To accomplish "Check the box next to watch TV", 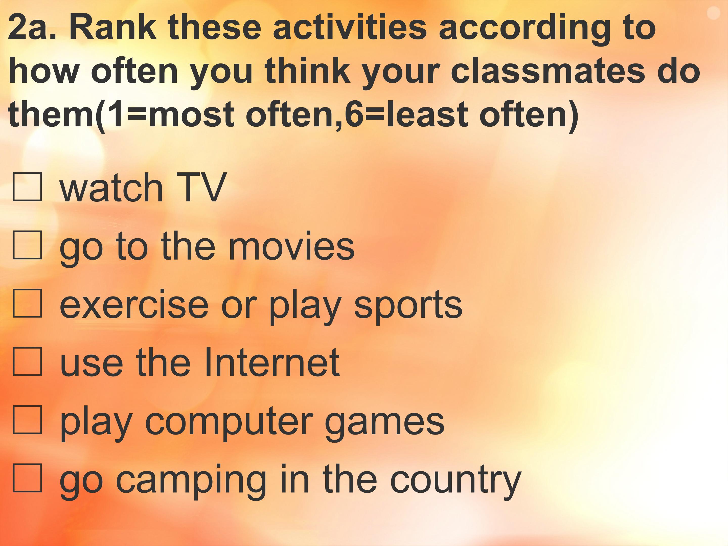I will (27, 187).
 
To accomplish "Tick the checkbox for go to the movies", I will (27, 245).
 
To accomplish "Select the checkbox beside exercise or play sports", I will (27, 303).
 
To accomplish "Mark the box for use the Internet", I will (27, 361).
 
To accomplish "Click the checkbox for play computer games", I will (27, 419).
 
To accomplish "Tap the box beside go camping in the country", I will (27, 477).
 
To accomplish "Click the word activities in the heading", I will (350, 28).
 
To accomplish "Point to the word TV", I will (201, 188).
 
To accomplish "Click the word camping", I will (191, 481).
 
